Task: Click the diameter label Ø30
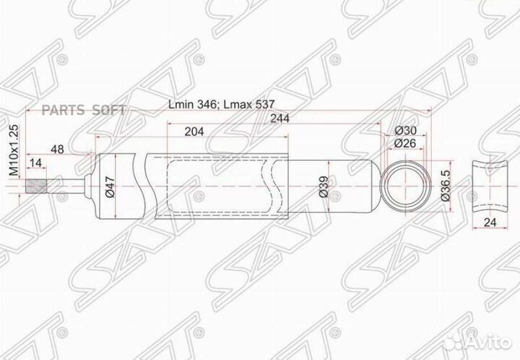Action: [406, 131]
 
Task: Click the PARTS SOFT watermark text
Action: [77, 110]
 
